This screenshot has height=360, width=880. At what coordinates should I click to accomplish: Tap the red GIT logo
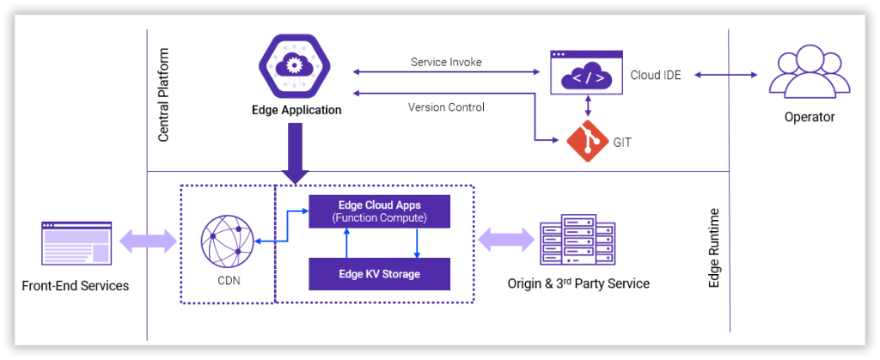coord(587,142)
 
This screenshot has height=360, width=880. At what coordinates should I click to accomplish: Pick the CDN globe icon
coord(227,241)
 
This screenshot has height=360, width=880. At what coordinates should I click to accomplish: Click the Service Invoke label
coord(446,63)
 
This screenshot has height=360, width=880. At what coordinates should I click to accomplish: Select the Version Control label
coord(446,107)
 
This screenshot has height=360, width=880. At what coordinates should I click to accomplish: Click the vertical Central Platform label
coord(163,95)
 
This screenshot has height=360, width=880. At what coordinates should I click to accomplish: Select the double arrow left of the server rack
coord(501,241)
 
